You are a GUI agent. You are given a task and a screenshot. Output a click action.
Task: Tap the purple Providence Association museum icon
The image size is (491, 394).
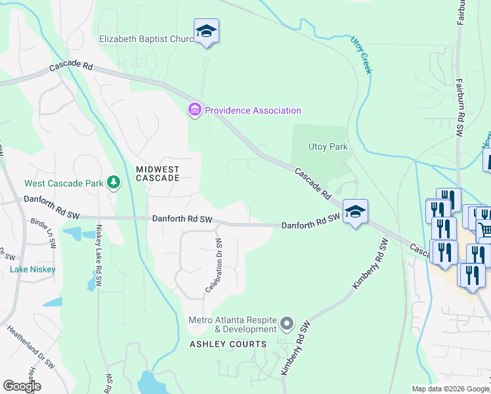pyautogui.click(x=195, y=110)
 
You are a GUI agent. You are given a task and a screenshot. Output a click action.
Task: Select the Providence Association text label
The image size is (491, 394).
pyautogui.click(x=253, y=110)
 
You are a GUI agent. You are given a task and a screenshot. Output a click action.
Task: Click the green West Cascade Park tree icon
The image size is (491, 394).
pyautogui.click(x=114, y=182)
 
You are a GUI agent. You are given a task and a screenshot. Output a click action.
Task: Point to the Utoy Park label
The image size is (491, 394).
pyautogui.click(x=328, y=146)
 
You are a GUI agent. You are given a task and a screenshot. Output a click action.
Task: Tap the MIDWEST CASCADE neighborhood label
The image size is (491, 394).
pyautogui.click(x=158, y=173)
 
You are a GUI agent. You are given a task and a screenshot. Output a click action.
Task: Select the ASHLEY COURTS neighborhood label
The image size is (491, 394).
pyautogui.click(x=228, y=344)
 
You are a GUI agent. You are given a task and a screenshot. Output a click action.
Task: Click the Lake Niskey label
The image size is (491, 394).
pyautogui.click(x=33, y=269)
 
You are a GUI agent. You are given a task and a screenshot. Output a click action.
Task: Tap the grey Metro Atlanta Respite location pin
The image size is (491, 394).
pyautogui.click(x=286, y=323)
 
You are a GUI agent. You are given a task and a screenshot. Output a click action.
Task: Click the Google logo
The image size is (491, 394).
pyautogui.click(x=22, y=386)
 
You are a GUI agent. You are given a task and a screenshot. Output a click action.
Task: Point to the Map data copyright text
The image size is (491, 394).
pyautogui.click(x=450, y=389)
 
